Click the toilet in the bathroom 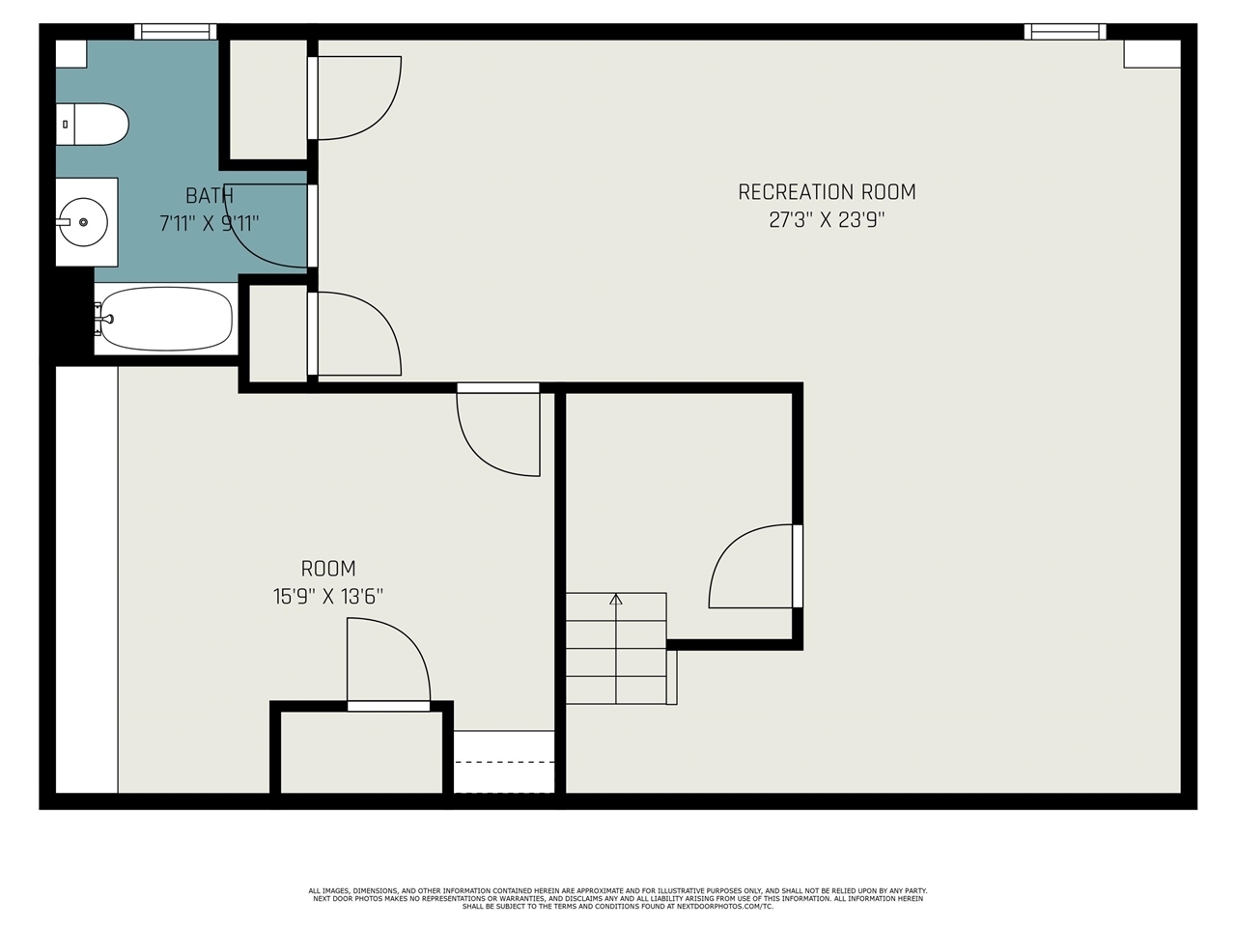[92, 125]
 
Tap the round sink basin [83, 222]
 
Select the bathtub [166, 319]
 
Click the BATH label [210, 196]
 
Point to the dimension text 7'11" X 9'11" [210, 223]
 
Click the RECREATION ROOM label [827, 192]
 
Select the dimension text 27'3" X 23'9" [827, 219]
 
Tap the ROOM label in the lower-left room [328, 569]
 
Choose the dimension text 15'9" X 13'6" [328, 596]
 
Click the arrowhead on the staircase [616, 599]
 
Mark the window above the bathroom [175, 32]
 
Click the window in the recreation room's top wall [1065, 32]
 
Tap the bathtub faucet [104, 319]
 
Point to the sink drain [83, 222]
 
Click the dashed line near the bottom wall [504, 762]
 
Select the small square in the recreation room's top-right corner [1152, 54]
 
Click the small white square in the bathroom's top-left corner [70, 54]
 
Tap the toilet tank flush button [66, 125]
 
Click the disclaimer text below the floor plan [618, 898]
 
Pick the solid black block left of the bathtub [74, 317]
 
